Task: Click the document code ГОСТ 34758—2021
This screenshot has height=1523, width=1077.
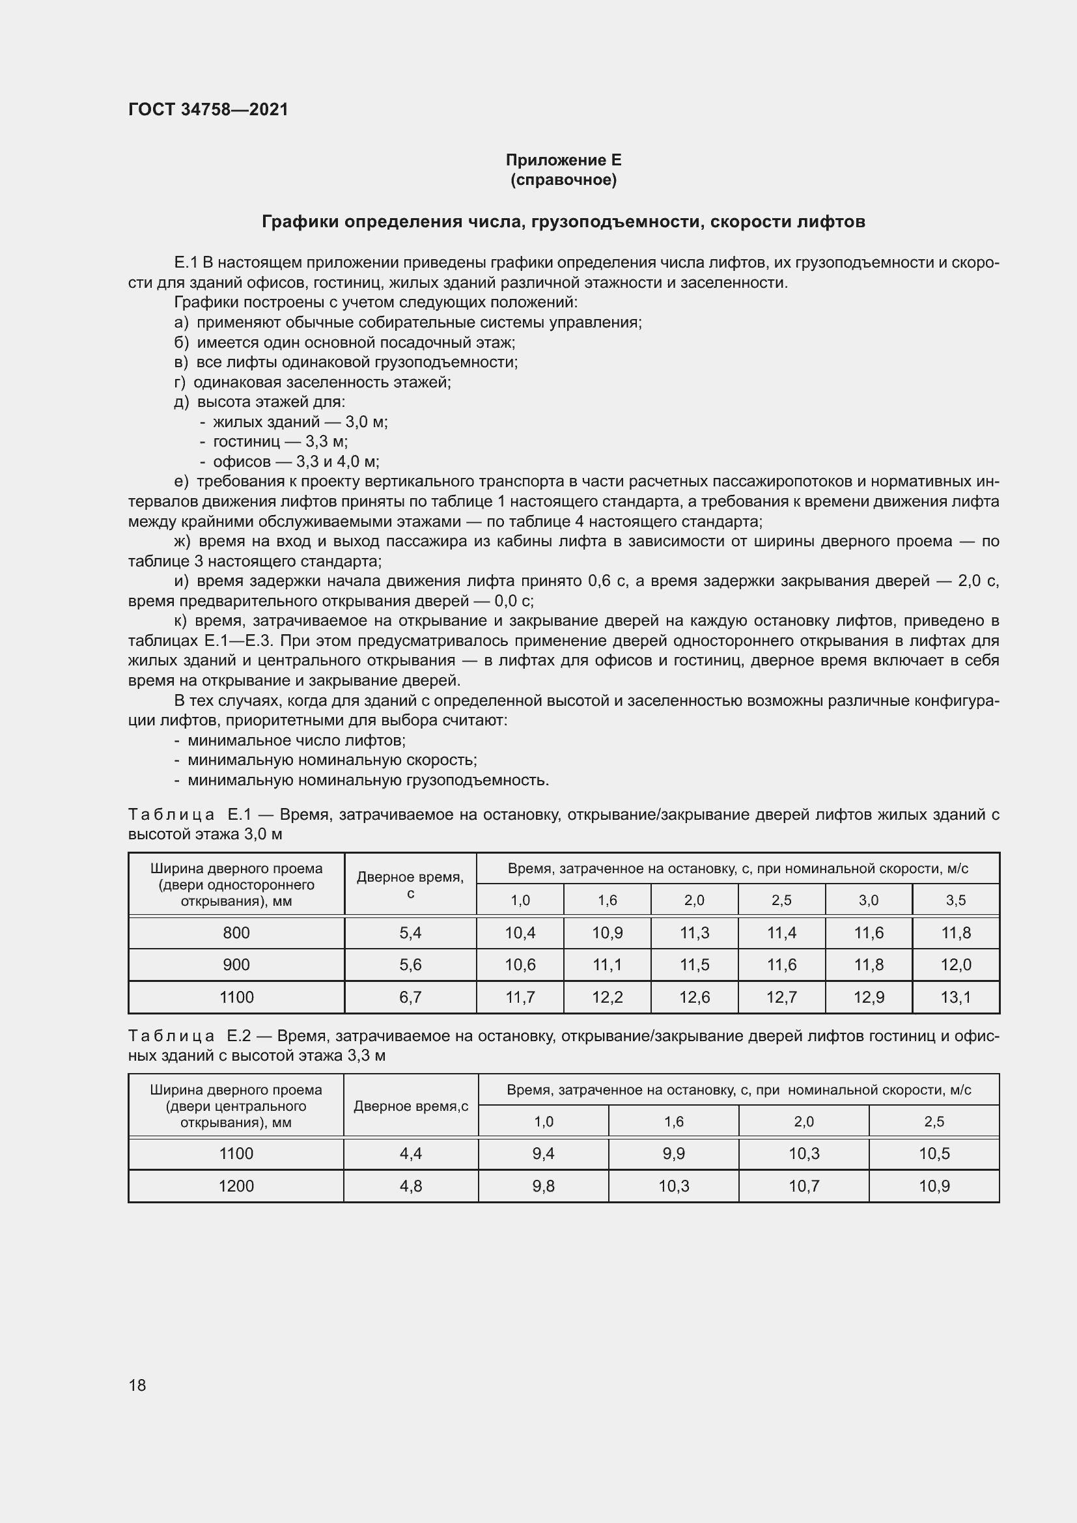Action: tap(208, 109)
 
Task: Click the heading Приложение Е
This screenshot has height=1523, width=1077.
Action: tap(563, 160)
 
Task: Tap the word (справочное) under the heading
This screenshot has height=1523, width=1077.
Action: tap(563, 180)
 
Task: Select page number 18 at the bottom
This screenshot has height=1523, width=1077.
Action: tap(137, 1385)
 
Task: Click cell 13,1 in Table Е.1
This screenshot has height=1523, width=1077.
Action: tap(956, 997)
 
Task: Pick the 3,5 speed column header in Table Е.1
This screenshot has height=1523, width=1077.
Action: tap(956, 900)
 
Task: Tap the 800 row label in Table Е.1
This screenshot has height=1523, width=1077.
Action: tap(236, 932)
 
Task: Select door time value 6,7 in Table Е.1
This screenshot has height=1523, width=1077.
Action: tap(410, 997)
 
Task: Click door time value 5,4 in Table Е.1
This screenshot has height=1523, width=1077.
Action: tap(410, 932)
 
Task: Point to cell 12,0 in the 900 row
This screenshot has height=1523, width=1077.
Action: tap(956, 964)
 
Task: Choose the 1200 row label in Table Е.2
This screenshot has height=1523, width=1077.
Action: tap(236, 1185)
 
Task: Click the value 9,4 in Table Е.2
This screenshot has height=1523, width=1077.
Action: tap(543, 1154)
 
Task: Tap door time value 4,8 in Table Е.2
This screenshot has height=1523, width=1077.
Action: tap(410, 1185)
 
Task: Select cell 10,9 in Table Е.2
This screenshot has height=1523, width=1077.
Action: tap(934, 1185)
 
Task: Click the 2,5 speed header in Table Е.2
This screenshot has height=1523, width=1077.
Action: tap(934, 1122)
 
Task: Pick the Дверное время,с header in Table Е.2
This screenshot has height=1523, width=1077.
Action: tap(410, 1106)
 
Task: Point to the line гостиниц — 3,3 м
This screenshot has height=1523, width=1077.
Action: tap(280, 441)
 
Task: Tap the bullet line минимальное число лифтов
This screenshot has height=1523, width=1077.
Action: tap(296, 740)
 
